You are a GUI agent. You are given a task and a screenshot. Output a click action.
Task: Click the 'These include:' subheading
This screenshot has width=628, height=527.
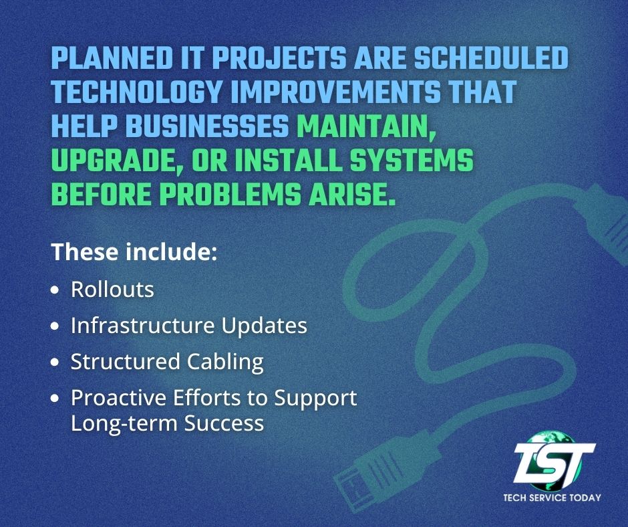pyautogui.click(x=134, y=253)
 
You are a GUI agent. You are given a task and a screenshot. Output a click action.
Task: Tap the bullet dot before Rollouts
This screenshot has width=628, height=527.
pyautogui.click(x=55, y=291)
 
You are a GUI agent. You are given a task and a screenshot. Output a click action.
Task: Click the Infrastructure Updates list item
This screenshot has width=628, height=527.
pyautogui.click(x=189, y=326)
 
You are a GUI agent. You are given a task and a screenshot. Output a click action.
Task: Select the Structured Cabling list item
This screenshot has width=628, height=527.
pyautogui.click(x=167, y=362)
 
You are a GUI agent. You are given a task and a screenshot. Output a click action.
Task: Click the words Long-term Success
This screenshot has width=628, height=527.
pyautogui.click(x=167, y=423)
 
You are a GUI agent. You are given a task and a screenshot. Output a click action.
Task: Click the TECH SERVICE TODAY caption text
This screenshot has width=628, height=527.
pyautogui.click(x=552, y=498)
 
